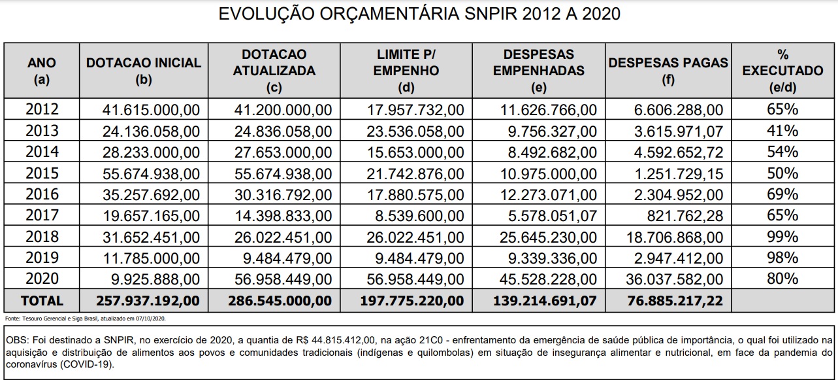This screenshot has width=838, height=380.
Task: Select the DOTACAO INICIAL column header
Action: (x=144, y=71)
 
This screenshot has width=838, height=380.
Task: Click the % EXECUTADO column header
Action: (x=782, y=71)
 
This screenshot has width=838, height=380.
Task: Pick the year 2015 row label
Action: (x=42, y=173)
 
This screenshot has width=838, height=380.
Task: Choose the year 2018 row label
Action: (x=42, y=237)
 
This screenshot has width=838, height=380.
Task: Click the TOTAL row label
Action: (x=42, y=301)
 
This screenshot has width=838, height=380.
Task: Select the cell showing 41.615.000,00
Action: (x=152, y=110)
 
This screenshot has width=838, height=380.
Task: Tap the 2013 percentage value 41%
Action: (x=782, y=131)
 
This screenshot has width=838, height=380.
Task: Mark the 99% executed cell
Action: (x=782, y=237)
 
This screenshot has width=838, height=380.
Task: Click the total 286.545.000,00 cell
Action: (x=280, y=301)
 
